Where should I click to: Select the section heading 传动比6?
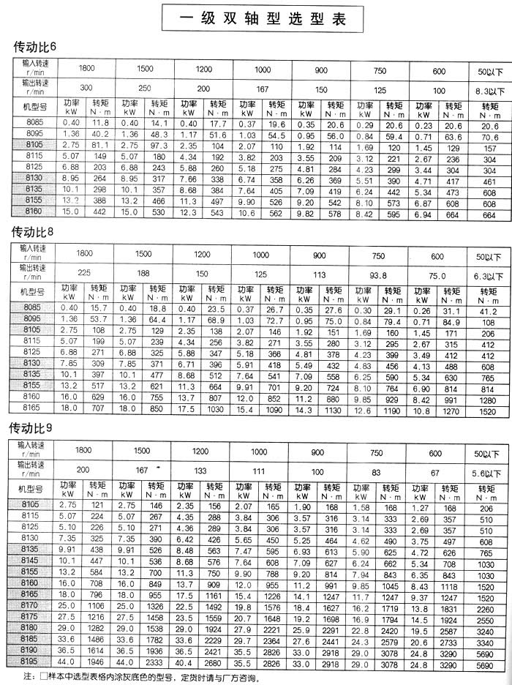pyautogui.click(x=35, y=48)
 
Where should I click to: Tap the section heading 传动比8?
pyautogui.click(x=35, y=233)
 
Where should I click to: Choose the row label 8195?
pyautogui.click(x=32, y=661)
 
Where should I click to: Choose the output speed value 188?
pyautogui.click(x=144, y=277)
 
